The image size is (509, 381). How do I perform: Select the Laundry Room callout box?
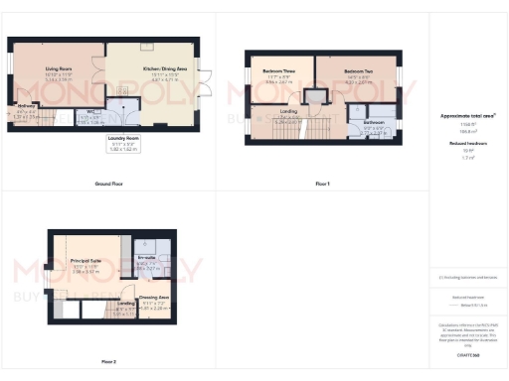[x=124, y=144]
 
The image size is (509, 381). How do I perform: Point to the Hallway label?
[x=26, y=106]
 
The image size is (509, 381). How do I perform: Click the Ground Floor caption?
[x=108, y=185]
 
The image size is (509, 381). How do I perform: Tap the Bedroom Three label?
[x=279, y=72]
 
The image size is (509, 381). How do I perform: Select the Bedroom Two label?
[x=358, y=72]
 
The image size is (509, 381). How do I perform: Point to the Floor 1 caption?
[x=322, y=185]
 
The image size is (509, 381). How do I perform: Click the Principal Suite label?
[x=85, y=263]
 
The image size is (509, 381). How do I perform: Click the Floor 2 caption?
[x=108, y=361]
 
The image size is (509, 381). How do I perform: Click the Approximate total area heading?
[x=468, y=116]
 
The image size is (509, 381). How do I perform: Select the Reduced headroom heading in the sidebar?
[x=468, y=143]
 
